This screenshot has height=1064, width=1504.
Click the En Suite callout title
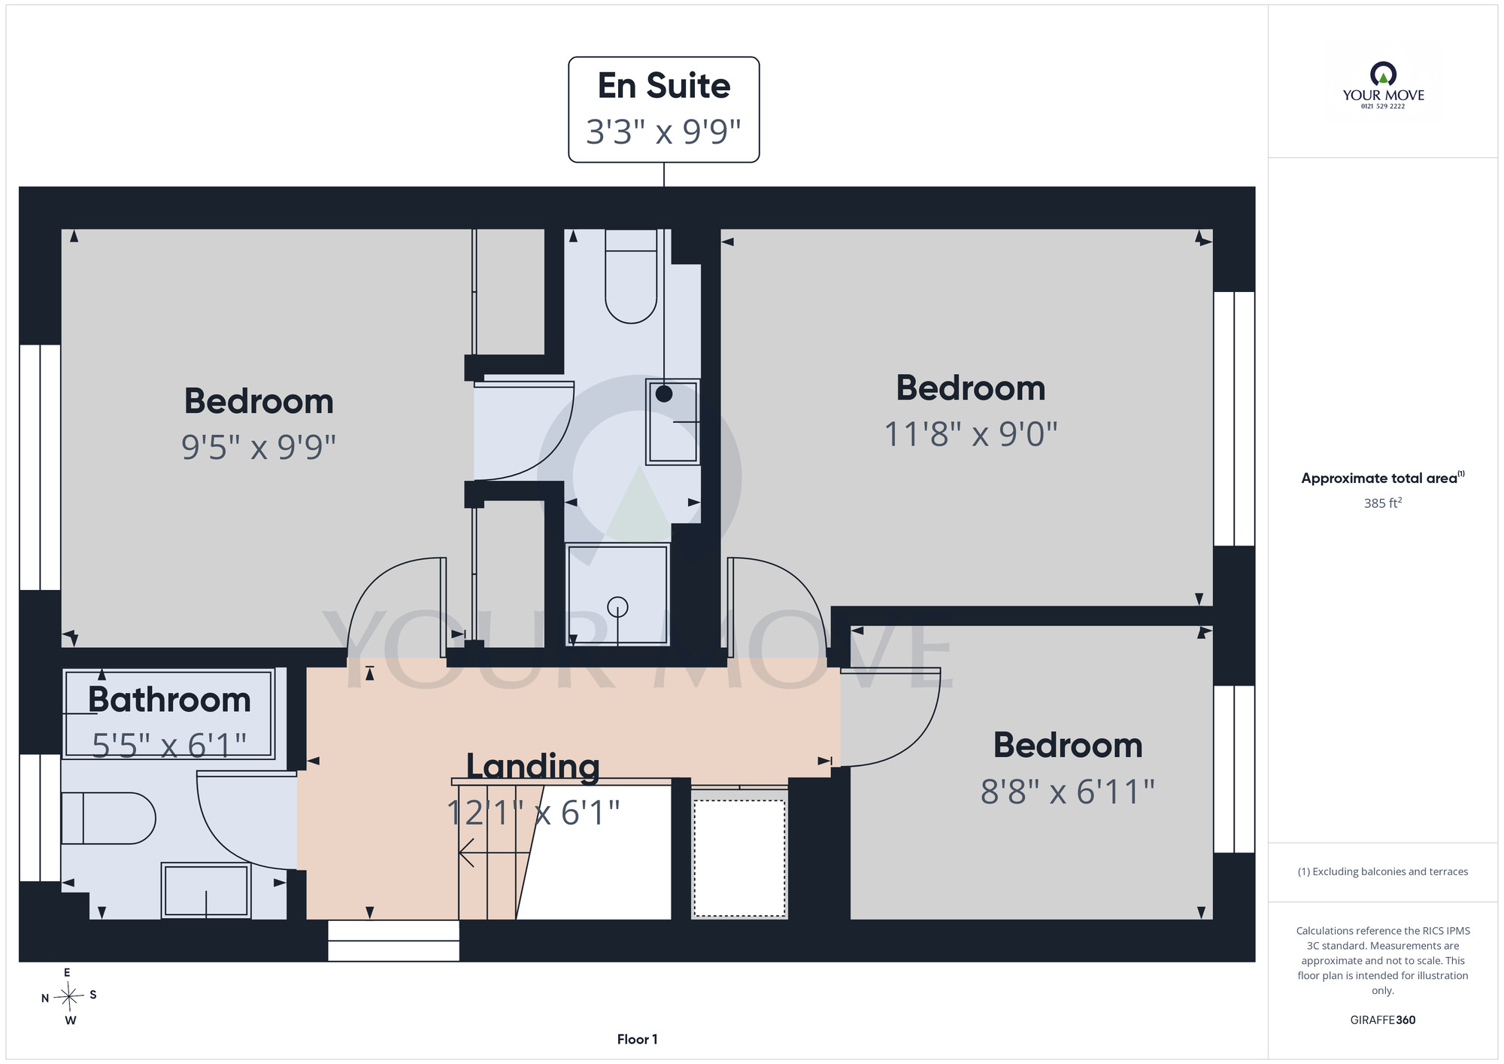(664, 86)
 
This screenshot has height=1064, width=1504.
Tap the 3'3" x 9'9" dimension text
(664, 132)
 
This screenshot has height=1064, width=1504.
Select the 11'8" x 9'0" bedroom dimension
(971, 434)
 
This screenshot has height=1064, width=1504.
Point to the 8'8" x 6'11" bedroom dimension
(1068, 792)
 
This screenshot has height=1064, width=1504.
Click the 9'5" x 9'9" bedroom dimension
(259, 447)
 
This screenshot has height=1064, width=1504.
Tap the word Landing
(533, 768)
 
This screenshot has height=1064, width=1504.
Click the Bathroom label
(169, 700)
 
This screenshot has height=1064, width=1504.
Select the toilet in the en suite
(632, 276)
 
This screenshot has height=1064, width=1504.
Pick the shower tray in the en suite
(617, 594)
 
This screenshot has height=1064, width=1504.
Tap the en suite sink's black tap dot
(664, 394)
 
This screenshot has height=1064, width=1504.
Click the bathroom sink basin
(206, 890)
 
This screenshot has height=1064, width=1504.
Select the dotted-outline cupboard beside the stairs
(739, 858)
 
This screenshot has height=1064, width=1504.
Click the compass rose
(69, 997)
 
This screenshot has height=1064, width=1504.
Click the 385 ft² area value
(1383, 503)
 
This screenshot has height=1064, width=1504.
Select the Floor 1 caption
(637, 1039)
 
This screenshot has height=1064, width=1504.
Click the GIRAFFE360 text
(1383, 1020)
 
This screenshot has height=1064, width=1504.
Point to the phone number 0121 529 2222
(1383, 106)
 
